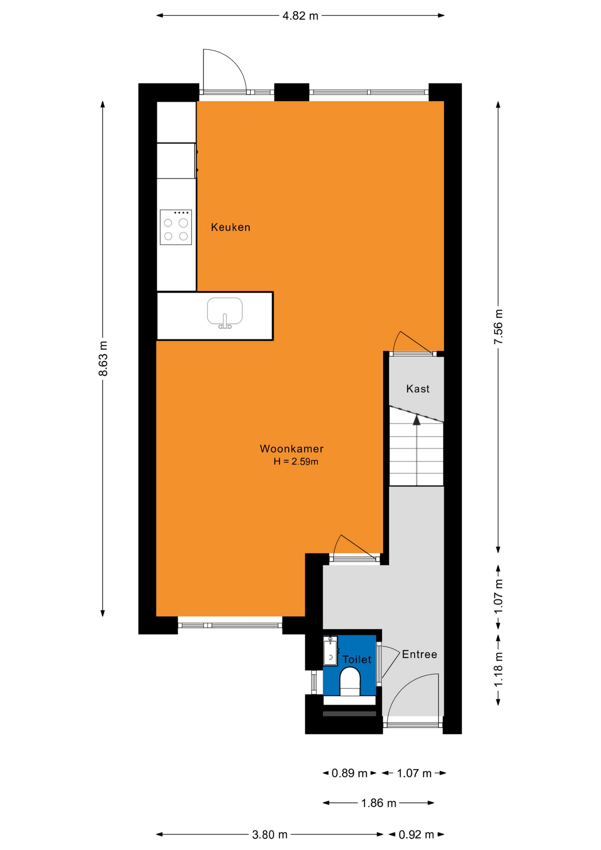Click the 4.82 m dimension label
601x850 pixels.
[x=300, y=16]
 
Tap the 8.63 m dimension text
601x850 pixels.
[x=103, y=359]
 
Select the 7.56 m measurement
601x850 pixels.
[x=498, y=327]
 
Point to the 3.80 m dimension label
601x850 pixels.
[x=270, y=835]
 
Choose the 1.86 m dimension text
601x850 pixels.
[x=378, y=803]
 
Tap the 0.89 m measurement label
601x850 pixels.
[x=349, y=773]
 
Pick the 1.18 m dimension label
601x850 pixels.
[x=498, y=670]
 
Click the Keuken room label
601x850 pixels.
[x=231, y=227]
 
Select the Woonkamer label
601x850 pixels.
[x=292, y=448]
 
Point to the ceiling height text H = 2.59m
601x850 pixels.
[x=296, y=461]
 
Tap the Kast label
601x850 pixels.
[x=418, y=389]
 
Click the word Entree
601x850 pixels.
[x=420, y=654]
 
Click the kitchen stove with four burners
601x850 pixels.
[x=176, y=227]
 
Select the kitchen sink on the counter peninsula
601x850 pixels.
[x=225, y=313]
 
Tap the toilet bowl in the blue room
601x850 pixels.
[x=350, y=682]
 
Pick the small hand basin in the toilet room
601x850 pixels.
[x=330, y=651]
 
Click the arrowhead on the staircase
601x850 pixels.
[x=416, y=419]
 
